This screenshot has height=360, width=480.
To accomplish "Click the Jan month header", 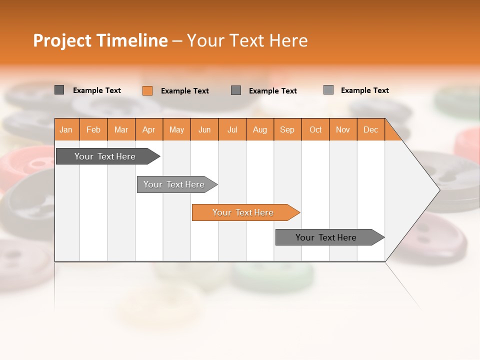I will (x=66, y=129).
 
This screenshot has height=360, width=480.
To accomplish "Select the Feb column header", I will (x=93, y=129).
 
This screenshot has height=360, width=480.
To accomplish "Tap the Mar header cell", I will (x=121, y=129).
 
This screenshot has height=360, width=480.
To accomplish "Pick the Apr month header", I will (x=149, y=129).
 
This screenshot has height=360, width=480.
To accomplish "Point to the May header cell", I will (x=176, y=129).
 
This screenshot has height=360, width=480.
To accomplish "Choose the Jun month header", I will (x=204, y=129).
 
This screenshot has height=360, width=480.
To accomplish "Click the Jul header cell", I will (x=232, y=129).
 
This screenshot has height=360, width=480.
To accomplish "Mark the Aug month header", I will (x=260, y=129).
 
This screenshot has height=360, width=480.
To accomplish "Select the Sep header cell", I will (x=287, y=129).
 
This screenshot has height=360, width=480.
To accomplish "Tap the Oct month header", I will (x=315, y=129).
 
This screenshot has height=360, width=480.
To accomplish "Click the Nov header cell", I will (x=343, y=129).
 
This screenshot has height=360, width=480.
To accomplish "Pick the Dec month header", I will (x=371, y=129).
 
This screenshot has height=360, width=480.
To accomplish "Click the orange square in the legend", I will (x=147, y=90).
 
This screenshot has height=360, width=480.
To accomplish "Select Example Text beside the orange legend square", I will (x=185, y=91).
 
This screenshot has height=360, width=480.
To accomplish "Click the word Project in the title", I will (x=62, y=40).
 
